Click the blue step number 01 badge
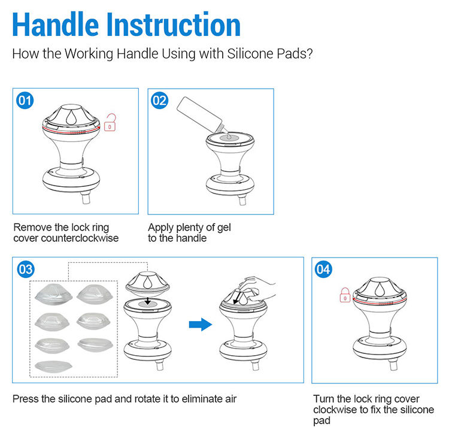coord(25,101)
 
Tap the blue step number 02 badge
coord(159,101)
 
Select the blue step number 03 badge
coord(26,270)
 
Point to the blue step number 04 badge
coord(323,270)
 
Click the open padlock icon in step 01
coord(110,122)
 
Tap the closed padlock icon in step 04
coord(345,295)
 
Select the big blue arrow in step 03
coord(201,324)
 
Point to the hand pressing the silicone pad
coord(257,289)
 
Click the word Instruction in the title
coord(173,25)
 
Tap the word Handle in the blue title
coord(55,25)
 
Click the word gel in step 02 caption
coord(224,228)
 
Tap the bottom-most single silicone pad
coord(53,366)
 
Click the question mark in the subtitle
coord(310,53)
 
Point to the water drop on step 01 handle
coord(71,117)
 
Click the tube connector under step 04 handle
coord(394,365)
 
